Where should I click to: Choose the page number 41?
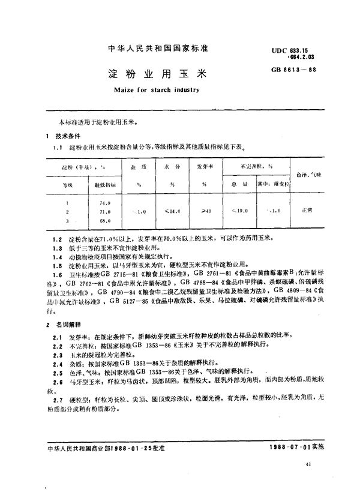pyautogui.click(x=308, y=482)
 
